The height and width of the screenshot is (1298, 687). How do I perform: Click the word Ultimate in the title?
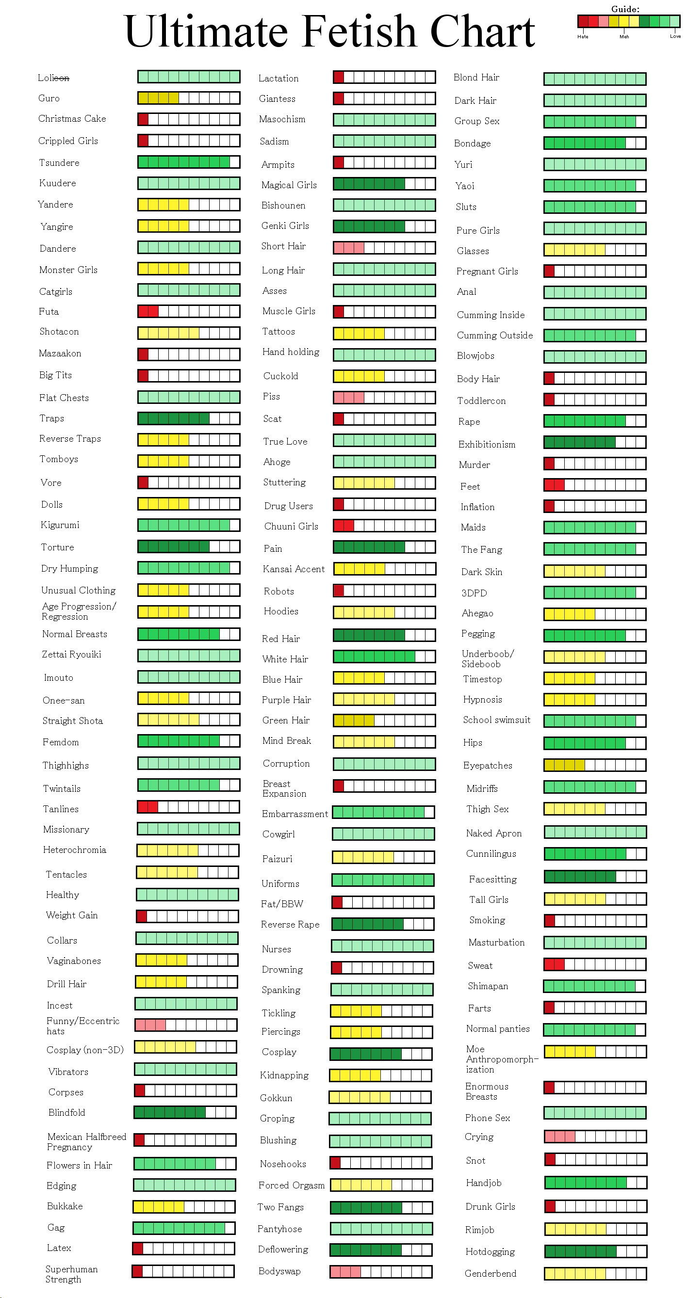coord(206,31)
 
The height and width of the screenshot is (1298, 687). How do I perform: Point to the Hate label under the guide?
coord(583,36)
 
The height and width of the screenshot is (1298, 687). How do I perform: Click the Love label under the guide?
coord(675,36)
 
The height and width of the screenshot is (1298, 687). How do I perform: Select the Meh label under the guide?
coord(624,36)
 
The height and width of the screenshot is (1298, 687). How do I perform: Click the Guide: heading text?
coord(625,9)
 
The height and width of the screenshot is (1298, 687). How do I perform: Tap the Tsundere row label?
coord(59,163)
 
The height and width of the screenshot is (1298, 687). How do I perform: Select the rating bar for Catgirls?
coord(189,290)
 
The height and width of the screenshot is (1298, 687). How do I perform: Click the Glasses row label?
coord(472,251)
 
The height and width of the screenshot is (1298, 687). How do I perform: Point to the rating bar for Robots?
coord(384,591)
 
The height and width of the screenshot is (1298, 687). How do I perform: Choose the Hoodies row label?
coord(281,611)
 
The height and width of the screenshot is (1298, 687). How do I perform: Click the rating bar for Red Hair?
coord(384,635)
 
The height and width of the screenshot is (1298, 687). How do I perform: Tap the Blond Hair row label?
coord(476,77)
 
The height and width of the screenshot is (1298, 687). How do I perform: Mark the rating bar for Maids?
coord(595,528)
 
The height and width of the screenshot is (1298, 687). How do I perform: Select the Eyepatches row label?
coord(488,766)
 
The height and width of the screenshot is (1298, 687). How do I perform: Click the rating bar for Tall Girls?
coord(595,899)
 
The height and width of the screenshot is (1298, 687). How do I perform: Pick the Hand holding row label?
coord(291,352)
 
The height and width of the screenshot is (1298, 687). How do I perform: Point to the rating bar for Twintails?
coord(189,785)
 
